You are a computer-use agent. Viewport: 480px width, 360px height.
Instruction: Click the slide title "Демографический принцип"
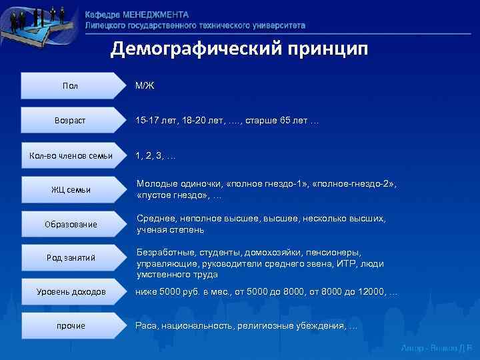coord(239,49)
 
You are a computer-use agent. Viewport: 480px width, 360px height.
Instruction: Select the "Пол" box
coord(70,86)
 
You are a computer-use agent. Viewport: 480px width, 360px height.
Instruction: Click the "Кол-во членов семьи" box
coord(71,156)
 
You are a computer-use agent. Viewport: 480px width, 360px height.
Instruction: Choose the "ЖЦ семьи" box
coord(71,190)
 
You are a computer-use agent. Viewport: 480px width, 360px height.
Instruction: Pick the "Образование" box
coord(71,224)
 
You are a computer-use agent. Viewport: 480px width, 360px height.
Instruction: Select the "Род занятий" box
coord(71,258)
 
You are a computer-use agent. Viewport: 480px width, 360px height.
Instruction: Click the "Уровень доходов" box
coord(71,292)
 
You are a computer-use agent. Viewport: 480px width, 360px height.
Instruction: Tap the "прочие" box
coord(71,326)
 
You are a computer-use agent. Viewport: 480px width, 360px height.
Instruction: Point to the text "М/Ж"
coord(145,86)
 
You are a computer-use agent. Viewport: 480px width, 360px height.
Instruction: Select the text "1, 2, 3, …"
coord(155,156)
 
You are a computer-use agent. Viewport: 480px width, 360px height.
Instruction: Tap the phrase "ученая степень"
coord(170,230)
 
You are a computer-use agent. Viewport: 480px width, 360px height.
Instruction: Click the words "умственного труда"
coord(177,275)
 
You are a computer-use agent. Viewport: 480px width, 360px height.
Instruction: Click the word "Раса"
coord(147,326)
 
